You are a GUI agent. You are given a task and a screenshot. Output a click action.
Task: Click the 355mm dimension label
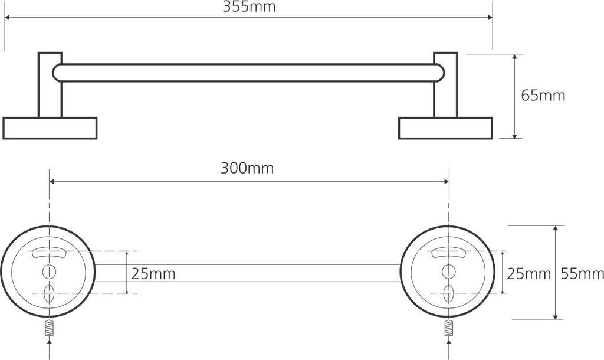tap(250, 6)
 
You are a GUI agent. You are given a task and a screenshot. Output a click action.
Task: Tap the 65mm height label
tap(543, 96)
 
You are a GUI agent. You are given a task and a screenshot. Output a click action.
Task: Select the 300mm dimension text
tap(247, 168)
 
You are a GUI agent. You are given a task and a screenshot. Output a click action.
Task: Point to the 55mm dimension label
tap(582, 274)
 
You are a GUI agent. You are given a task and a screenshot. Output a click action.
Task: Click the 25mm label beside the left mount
tap(153, 274)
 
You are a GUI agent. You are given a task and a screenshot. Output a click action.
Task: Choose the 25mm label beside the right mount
tap(528, 274)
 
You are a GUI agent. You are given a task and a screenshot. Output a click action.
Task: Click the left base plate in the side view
tap(50, 128)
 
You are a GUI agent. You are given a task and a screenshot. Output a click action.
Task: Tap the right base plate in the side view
tap(445, 128)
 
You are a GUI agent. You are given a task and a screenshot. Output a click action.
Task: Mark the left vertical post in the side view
tap(50, 85)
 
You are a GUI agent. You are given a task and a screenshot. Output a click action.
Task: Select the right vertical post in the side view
tap(445, 85)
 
